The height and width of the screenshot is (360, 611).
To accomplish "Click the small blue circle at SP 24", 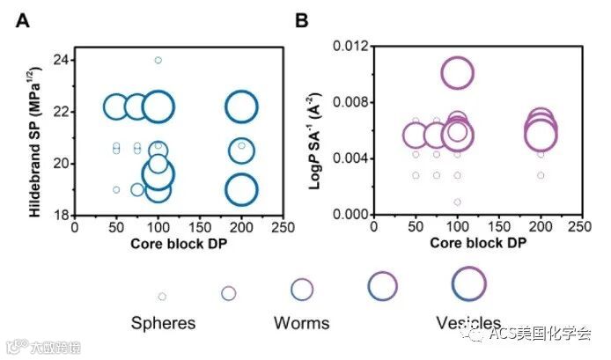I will pos(158,61).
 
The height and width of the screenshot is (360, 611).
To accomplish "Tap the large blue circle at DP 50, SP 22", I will pos(116,107).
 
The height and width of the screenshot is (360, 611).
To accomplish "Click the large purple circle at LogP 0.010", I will pos(458,73).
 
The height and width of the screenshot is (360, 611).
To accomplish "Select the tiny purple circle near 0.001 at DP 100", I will pos(458,202).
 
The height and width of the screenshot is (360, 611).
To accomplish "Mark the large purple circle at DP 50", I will pos(416,136).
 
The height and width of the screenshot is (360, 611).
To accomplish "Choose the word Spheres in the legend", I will pos(163,323).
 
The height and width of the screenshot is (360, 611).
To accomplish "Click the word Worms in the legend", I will pos(301,323).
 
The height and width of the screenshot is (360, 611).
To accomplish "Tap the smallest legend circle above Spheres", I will pos(162,297).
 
